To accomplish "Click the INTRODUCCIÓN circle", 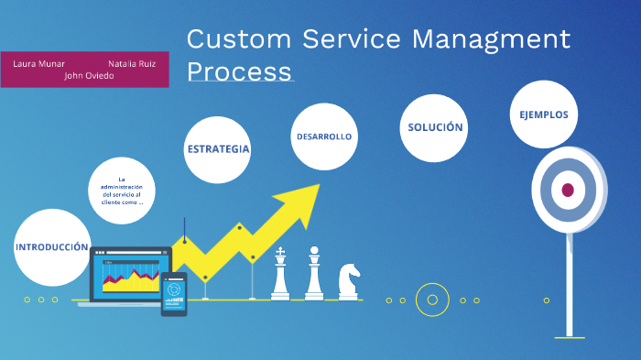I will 51,246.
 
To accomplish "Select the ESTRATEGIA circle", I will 217,149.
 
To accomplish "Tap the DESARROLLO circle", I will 324,136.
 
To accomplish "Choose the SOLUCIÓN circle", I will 435,127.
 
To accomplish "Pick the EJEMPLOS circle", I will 543,115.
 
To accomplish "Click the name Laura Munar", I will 38,64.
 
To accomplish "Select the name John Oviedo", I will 89,76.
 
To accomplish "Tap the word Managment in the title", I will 490,39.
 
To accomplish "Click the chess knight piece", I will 349,281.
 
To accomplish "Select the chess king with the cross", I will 280,274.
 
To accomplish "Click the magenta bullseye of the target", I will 568,190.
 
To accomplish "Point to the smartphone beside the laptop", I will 174,293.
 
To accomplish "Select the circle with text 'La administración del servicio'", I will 122,191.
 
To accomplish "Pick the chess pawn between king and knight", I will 314,274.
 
